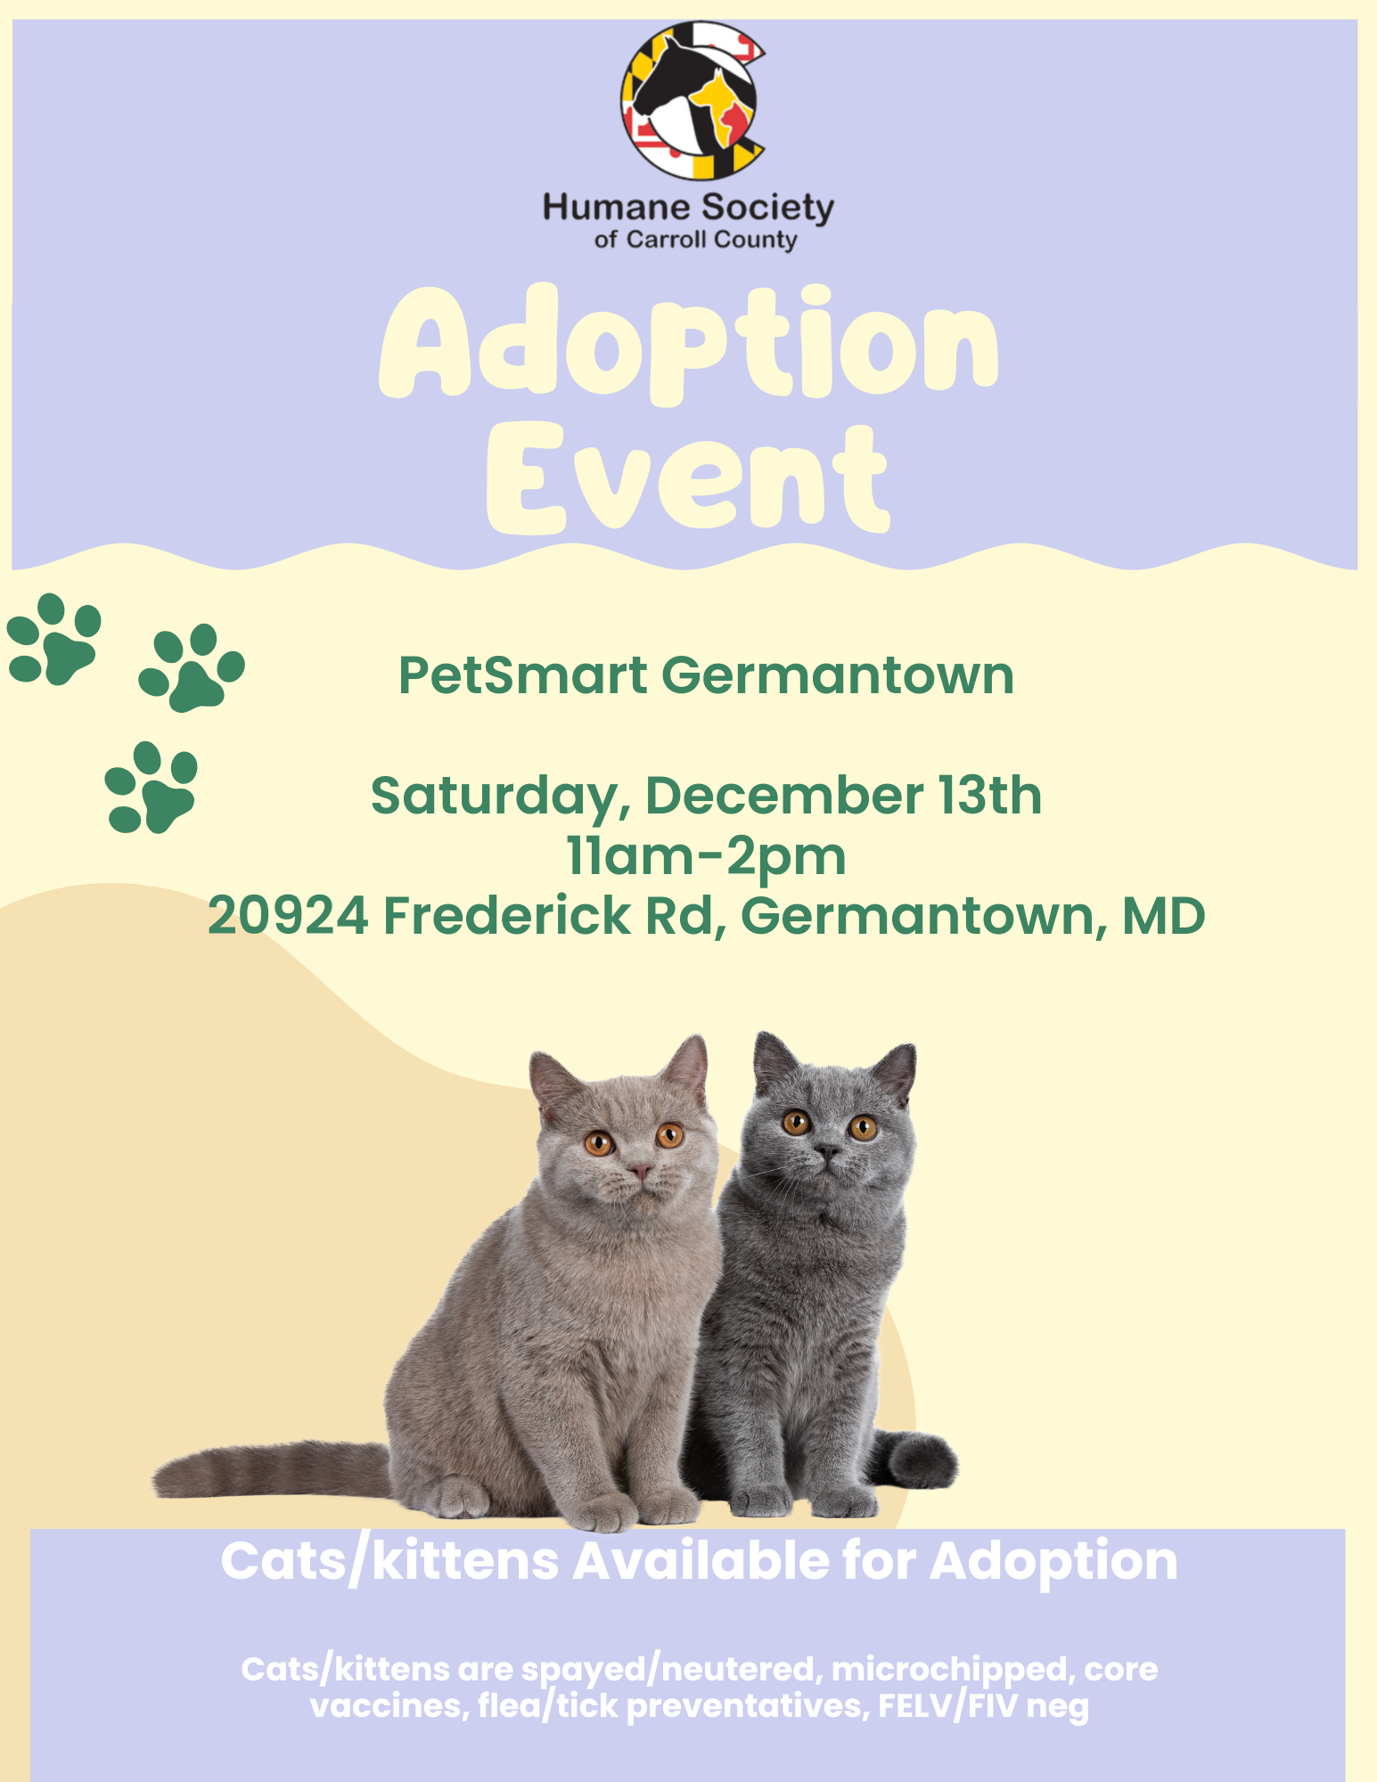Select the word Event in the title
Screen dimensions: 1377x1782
688,478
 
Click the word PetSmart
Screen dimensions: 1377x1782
522,675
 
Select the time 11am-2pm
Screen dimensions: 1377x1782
706,856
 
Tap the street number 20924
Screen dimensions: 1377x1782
289,916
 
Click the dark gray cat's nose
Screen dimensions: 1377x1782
827,1153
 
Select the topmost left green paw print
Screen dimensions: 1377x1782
53,639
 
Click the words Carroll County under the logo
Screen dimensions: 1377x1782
710,240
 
